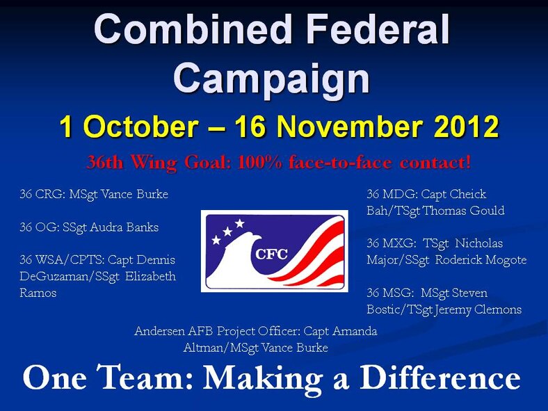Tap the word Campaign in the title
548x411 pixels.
[271, 77]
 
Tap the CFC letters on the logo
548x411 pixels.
[271, 253]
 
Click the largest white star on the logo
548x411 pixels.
[240, 224]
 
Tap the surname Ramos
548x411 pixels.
[38, 293]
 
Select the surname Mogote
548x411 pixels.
[504, 260]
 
